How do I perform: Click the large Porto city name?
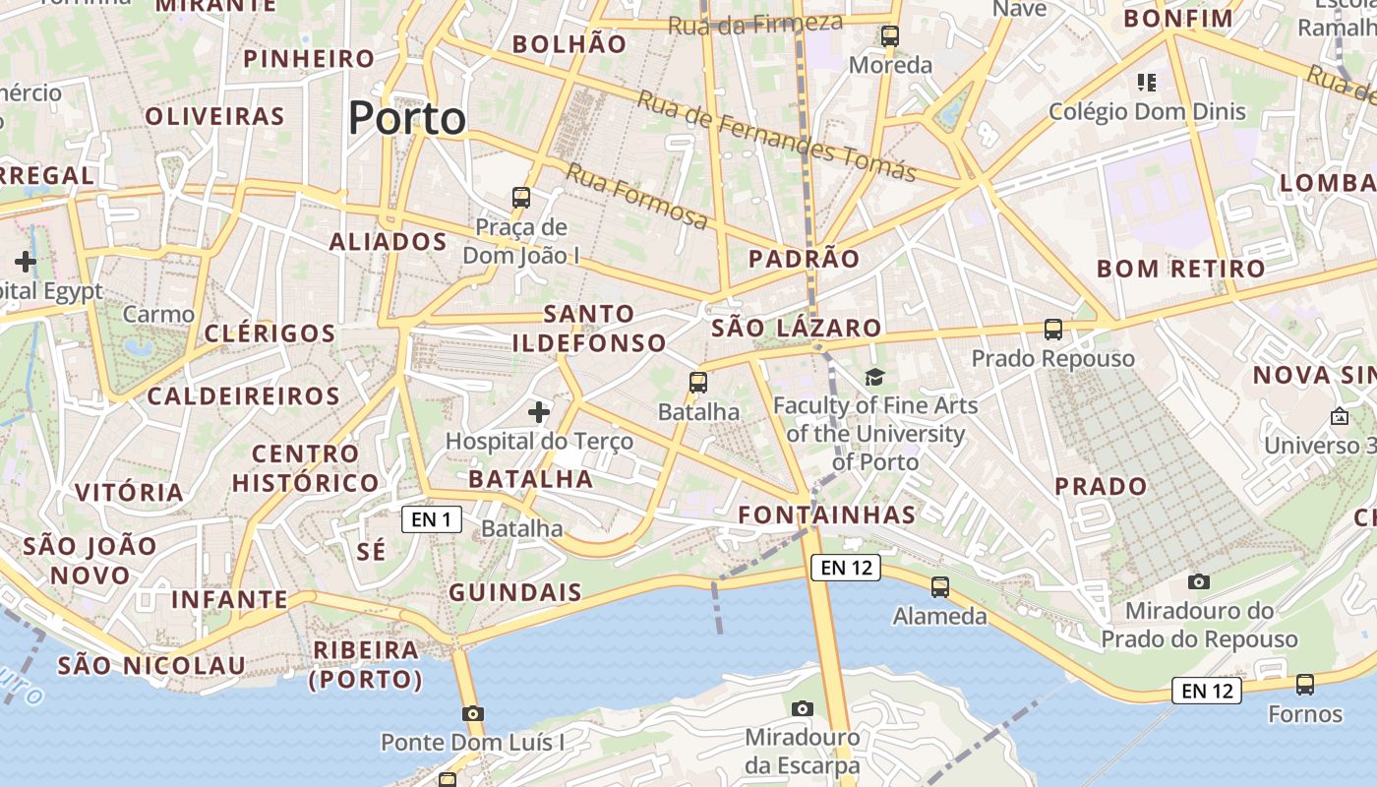point(407,119)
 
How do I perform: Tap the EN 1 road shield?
point(431,519)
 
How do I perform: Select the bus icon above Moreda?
point(890,36)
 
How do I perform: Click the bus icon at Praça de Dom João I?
point(521,198)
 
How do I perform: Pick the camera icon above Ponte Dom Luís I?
point(473,713)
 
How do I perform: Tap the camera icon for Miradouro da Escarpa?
point(803,708)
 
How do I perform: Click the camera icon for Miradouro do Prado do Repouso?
point(1198,581)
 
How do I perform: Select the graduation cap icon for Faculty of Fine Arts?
point(874,377)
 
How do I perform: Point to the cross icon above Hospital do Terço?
point(539,411)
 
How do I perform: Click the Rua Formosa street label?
point(636,196)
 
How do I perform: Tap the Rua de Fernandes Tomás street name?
point(776,136)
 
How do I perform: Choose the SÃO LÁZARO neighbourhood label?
point(797,328)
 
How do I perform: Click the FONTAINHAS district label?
point(826,515)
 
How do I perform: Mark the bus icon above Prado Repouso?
point(1053,330)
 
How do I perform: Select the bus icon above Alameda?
point(940,587)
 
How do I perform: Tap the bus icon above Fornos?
point(1305,685)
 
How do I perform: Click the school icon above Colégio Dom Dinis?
point(1147,82)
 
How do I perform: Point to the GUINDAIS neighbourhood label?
point(515,592)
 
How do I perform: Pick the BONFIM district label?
point(1178,19)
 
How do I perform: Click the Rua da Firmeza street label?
point(755,24)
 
